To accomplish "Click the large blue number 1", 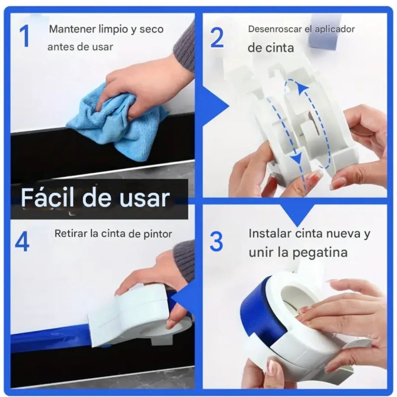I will pos(25,36).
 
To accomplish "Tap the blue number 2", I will pos(217,38).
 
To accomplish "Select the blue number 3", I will pos(217,242).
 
